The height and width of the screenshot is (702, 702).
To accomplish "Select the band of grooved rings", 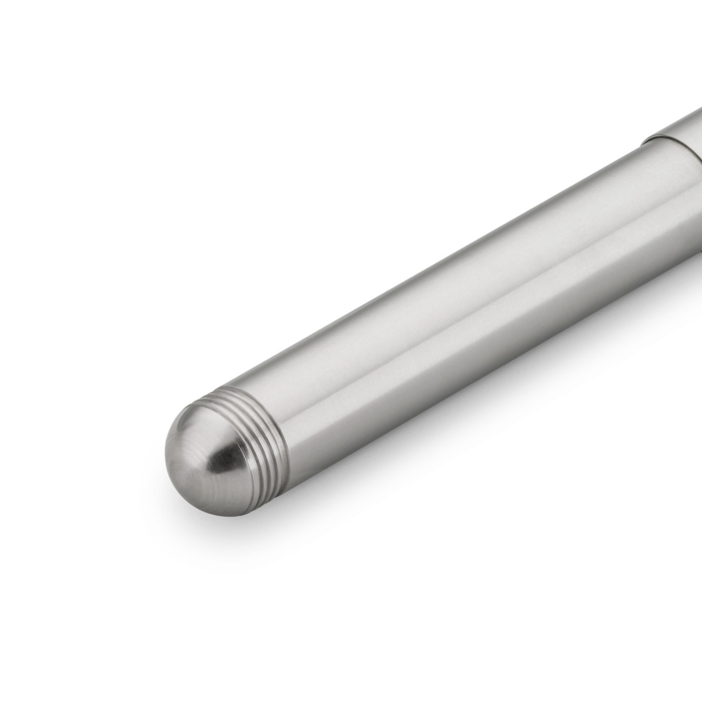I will tap(263, 439).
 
